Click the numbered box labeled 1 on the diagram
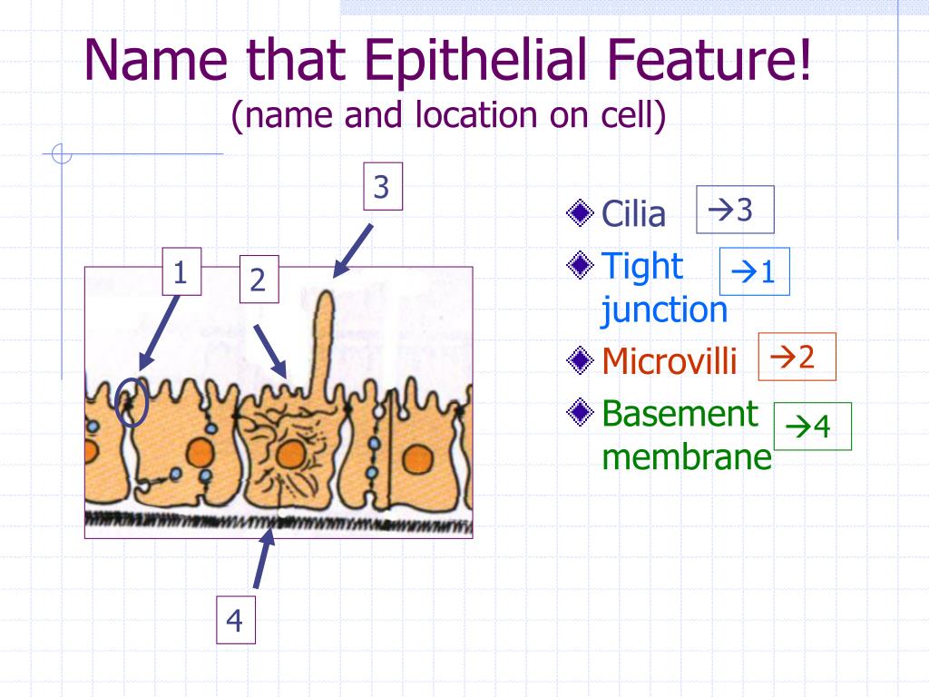(181, 271)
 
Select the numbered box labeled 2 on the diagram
(259, 280)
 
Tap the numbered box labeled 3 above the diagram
(383, 186)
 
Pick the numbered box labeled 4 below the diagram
(236, 620)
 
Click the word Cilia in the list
(633, 213)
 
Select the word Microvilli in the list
(670, 360)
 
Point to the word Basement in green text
(680, 413)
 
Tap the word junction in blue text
(664, 310)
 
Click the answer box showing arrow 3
(735, 210)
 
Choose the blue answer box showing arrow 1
(755, 271)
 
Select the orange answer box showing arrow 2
(797, 357)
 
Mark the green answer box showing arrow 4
(812, 427)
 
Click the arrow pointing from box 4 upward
(264, 558)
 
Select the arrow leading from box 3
(353, 250)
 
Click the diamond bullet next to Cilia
(580, 212)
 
